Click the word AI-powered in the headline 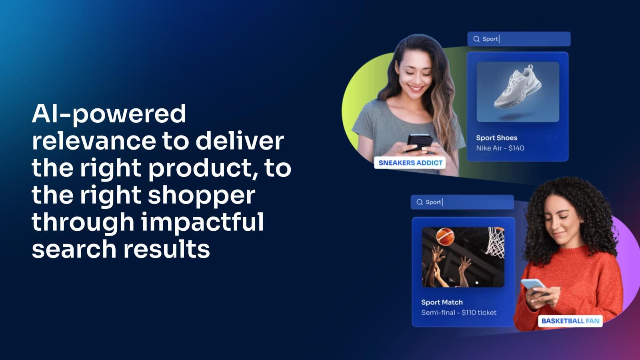coord(109,114)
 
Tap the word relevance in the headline coord(94,141)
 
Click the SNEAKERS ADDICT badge coord(410,163)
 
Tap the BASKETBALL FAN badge coord(570,321)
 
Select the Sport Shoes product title coord(496,138)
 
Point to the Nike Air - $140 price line coord(500,148)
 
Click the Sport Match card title coord(442,302)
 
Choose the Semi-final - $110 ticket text coord(458,312)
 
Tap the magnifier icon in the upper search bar coord(476,39)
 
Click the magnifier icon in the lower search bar coord(420,202)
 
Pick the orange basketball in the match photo coord(445,236)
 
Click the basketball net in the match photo coord(495,242)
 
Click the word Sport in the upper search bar coord(490,39)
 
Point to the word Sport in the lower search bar coord(433,202)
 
